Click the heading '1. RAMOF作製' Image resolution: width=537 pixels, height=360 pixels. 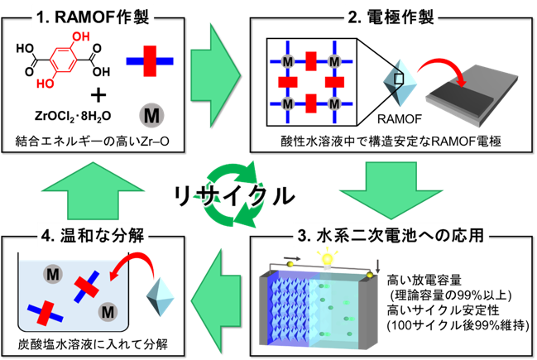93,17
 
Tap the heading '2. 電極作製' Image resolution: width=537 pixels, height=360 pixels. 391,17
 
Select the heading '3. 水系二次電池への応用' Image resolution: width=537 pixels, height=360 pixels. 391,236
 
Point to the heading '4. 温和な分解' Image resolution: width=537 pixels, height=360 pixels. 93,236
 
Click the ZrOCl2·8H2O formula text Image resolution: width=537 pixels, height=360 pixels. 73,117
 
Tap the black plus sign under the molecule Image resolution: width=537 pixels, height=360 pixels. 98,95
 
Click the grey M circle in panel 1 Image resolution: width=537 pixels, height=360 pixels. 151,116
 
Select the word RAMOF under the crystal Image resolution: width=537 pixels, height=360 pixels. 400,119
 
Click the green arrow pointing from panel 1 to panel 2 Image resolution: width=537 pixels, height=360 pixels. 216,75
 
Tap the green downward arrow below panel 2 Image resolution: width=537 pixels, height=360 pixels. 391,190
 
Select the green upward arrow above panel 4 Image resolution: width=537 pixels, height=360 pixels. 93,190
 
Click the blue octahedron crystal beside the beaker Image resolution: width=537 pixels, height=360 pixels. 161,296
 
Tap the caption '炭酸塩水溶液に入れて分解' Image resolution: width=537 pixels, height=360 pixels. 93,344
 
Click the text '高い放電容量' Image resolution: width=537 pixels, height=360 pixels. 424,281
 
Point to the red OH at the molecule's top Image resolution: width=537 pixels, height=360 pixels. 81,36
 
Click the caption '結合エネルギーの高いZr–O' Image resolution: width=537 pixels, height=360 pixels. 93,142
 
